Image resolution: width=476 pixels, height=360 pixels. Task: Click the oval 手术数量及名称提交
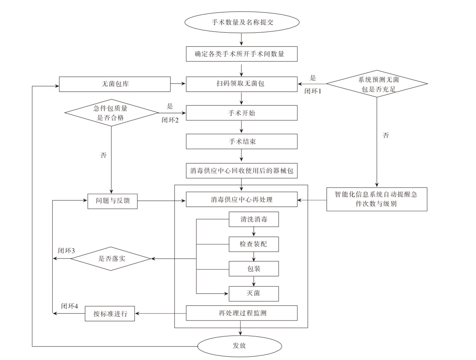[x=242, y=22]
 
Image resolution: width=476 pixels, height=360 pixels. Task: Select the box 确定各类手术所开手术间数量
[x=242, y=54]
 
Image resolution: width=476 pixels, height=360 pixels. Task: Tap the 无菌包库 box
[x=115, y=84]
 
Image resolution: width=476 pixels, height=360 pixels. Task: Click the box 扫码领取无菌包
[x=242, y=84]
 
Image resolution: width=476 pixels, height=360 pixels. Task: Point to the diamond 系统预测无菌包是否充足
[x=377, y=84]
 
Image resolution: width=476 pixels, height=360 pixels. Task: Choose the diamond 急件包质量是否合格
[x=111, y=113]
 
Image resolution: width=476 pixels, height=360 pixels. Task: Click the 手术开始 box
[x=242, y=113]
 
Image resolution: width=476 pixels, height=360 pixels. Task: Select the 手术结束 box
[x=242, y=142]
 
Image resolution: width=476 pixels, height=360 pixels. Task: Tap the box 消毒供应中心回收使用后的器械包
[x=242, y=171]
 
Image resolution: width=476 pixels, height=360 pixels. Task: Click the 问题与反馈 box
[x=113, y=201]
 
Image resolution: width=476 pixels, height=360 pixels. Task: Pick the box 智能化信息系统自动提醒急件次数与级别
[x=377, y=199]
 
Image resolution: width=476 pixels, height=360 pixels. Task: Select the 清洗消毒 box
[x=254, y=219]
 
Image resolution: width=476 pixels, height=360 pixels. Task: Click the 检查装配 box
[x=254, y=244]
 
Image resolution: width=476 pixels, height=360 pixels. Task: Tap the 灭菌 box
[x=254, y=293]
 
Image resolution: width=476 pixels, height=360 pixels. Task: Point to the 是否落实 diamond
[x=111, y=259]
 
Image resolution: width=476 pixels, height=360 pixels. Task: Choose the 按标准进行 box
[x=110, y=313]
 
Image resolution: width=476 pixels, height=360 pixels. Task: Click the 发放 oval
[x=240, y=346]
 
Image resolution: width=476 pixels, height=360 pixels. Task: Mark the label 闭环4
[x=69, y=306]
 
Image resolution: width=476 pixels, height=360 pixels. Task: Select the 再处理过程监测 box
[x=242, y=313]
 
